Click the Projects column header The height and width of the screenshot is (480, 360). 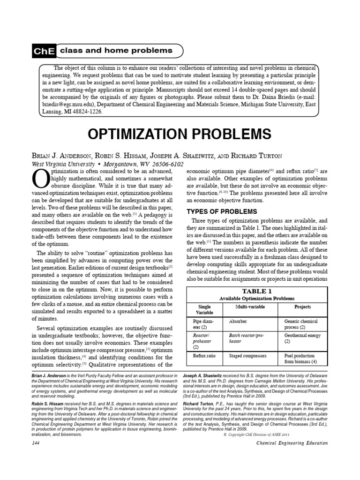(302, 307)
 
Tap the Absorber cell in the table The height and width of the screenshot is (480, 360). (238, 322)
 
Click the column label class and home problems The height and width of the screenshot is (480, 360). (116, 51)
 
